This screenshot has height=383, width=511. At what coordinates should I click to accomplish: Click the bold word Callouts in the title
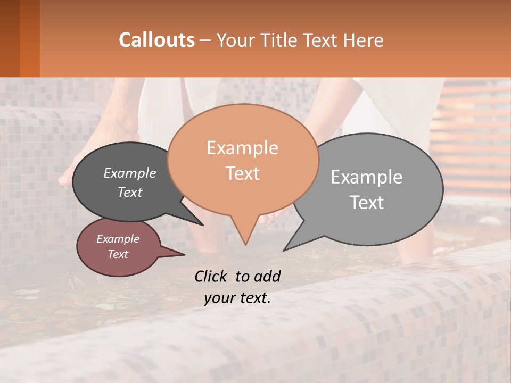click(156, 40)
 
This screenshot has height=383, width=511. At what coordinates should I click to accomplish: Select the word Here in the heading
click(364, 40)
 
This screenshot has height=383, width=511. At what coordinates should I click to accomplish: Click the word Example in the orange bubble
click(242, 148)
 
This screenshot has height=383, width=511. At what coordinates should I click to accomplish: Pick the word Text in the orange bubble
click(242, 173)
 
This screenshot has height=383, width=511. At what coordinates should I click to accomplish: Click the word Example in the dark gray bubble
click(129, 173)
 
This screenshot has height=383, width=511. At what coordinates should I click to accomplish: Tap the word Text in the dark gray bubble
click(129, 192)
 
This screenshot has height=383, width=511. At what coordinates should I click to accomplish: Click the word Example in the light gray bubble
click(366, 177)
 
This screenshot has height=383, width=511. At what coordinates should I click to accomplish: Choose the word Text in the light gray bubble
click(366, 202)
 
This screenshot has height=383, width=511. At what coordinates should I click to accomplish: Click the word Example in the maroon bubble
click(118, 239)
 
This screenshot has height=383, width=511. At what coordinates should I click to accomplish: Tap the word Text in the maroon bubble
click(118, 254)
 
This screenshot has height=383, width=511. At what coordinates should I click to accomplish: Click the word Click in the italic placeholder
click(211, 276)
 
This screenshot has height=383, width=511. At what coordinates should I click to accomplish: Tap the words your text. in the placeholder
click(237, 298)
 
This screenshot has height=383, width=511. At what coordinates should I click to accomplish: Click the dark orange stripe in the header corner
click(29, 38)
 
